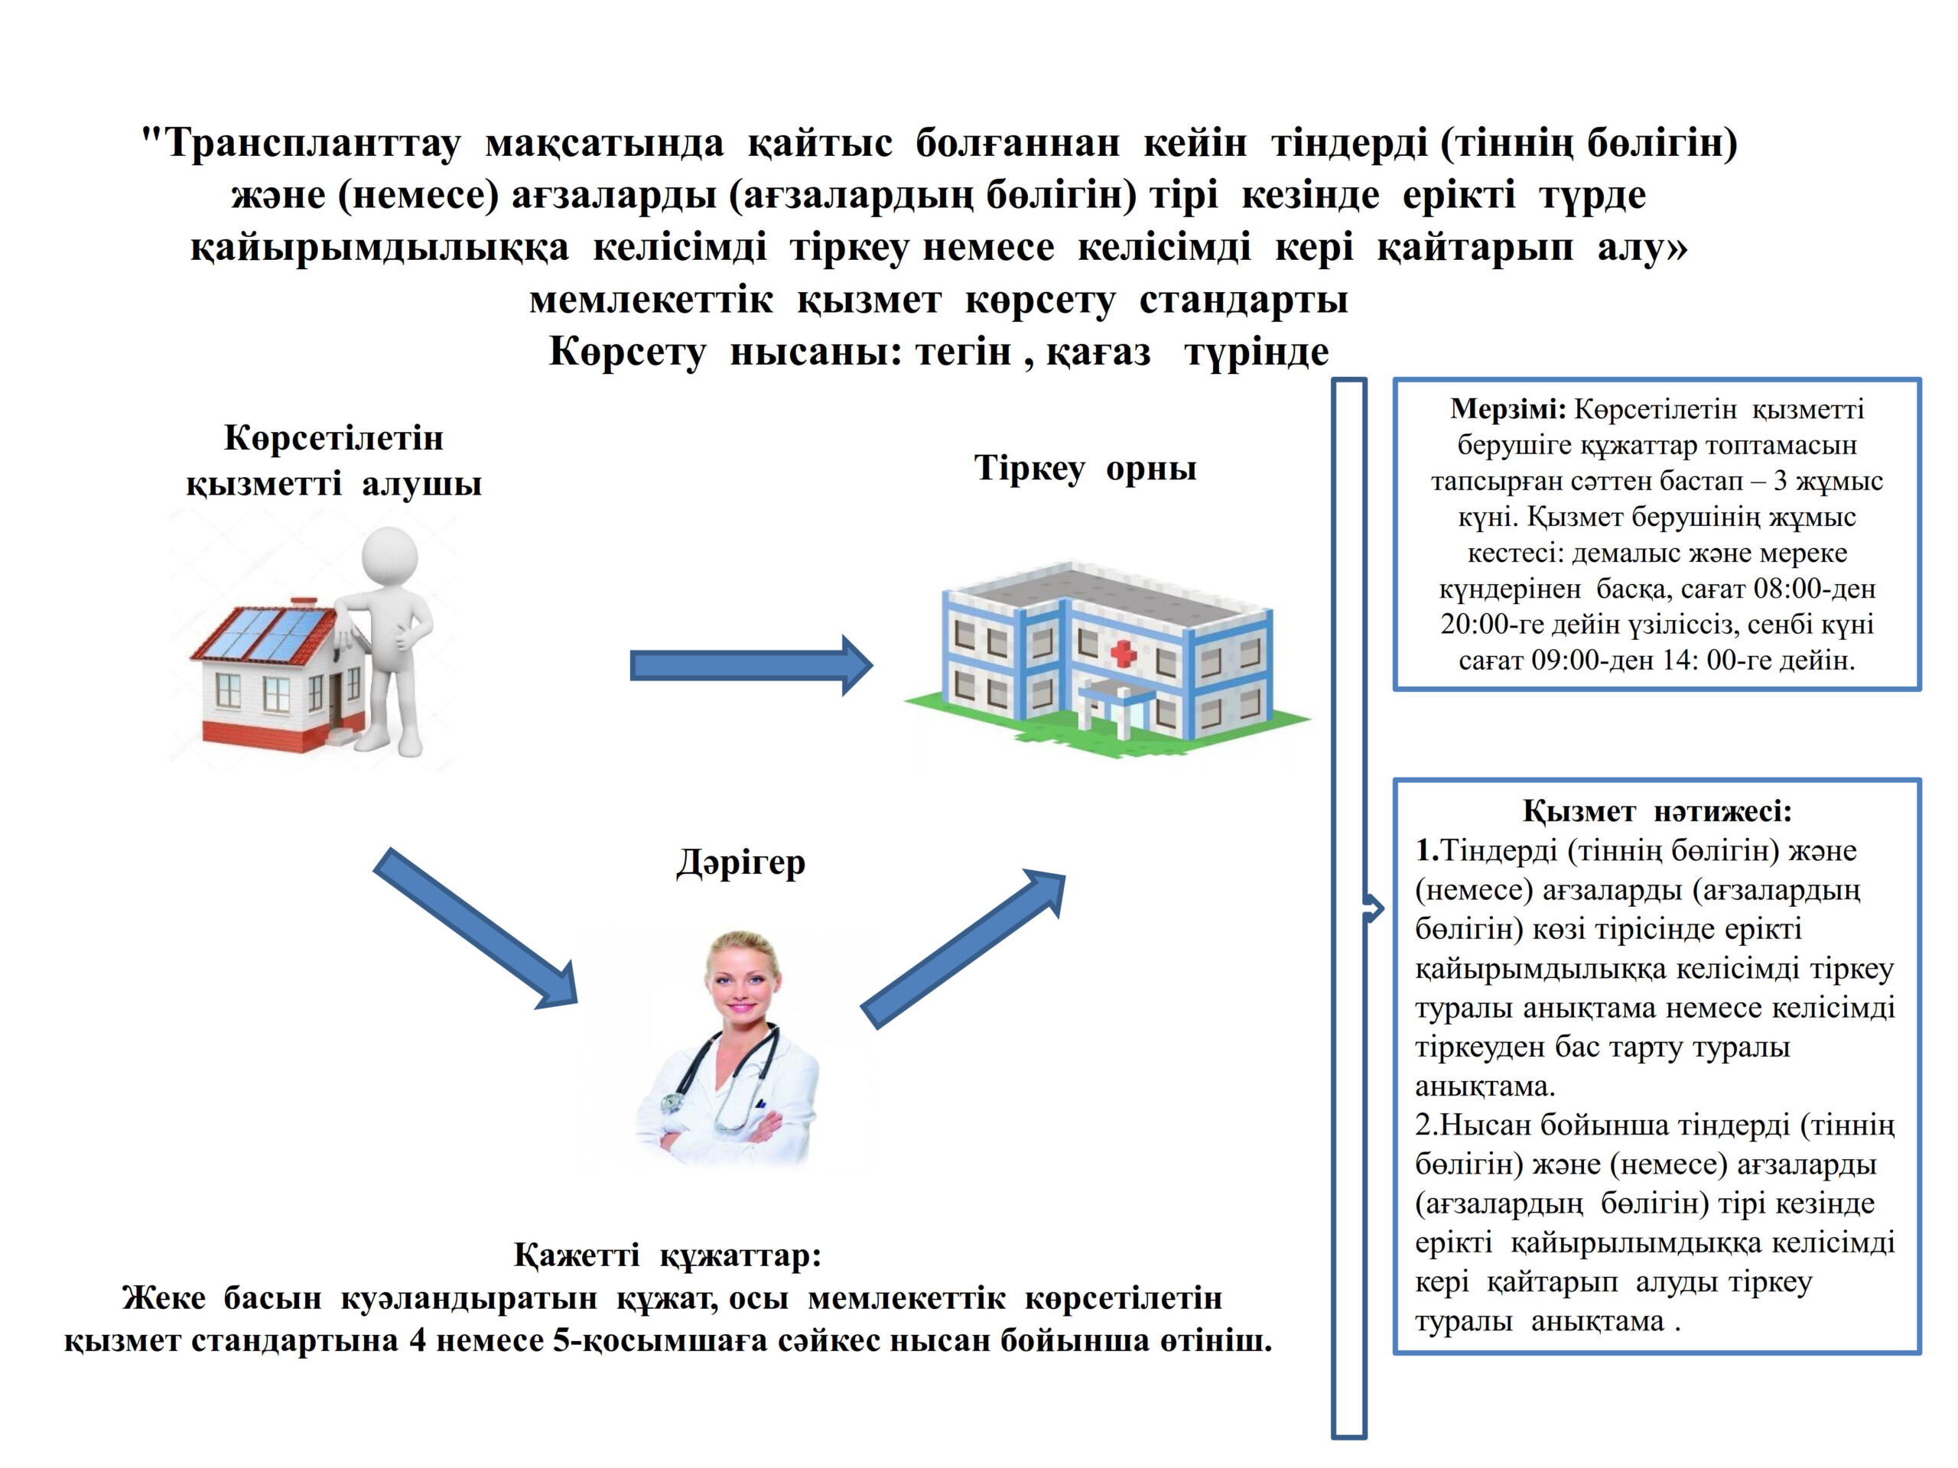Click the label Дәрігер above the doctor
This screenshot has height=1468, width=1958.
coord(741,862)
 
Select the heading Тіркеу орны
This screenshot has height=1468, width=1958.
coord(1085,468)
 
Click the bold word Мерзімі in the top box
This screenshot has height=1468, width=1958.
coord(1508,410)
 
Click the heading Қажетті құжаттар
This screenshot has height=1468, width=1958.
coord(668,1255)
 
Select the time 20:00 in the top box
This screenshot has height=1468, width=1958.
coord(1469,625)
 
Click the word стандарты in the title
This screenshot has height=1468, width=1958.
coord(1243,300)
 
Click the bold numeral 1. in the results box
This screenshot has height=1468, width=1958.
coord(1428,850)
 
